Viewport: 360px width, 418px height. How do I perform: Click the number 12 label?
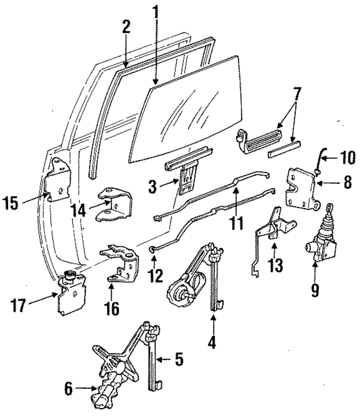[x=156, y=275]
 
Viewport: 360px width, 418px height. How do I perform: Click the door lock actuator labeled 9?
[x=321, y=241]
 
